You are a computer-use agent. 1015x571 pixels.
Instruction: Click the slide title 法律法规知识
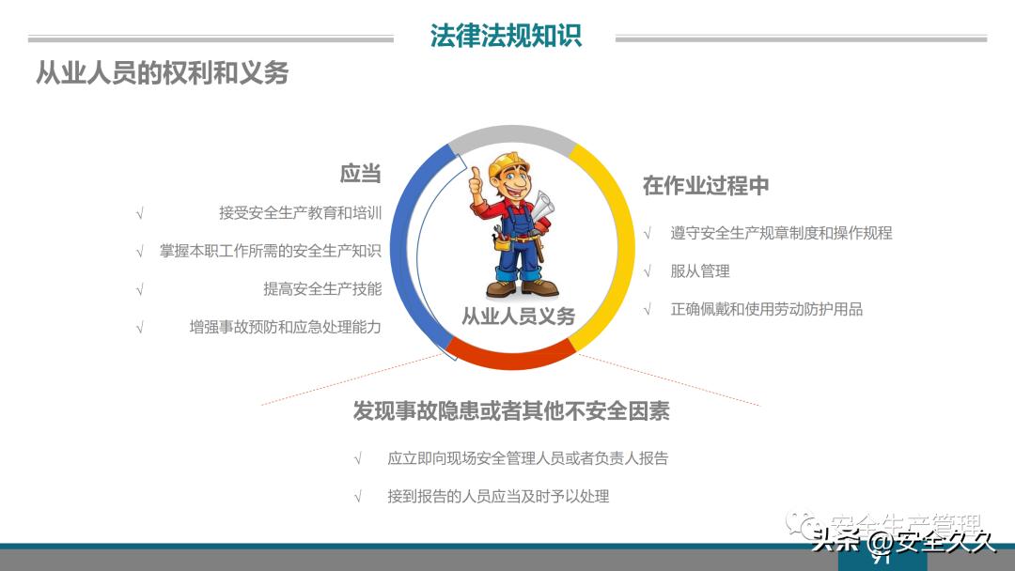(x=506, y=36)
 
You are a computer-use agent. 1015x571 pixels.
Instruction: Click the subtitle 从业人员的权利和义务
(x=162, y=73)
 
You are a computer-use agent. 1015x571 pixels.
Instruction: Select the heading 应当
(x=360, y=174)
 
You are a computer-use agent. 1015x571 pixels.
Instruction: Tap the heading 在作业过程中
(x=706, y=186)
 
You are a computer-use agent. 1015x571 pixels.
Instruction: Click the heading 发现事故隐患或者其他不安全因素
(x=511, y=411)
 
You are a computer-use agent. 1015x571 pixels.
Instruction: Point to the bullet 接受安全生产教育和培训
(x=300, y=213)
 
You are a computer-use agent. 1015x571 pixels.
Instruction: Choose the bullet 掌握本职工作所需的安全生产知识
(x=271, y=251)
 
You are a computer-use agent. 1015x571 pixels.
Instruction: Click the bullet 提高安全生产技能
(x=322, y=289)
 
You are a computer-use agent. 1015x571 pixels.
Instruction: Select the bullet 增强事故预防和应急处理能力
(x=285, y=328)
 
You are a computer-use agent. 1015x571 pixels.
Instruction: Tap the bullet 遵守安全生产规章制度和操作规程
(x=781, y=233)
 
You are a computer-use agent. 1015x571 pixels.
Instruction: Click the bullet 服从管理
(x=700, y=271)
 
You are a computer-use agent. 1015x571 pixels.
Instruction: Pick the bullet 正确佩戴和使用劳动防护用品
(x=766, y=309)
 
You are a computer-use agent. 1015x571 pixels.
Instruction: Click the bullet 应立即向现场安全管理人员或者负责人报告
(x=527, y=458)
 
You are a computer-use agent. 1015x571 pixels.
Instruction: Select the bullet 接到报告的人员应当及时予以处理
(x=498, y=496)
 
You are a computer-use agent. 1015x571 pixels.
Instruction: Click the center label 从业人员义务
(x=518, y=316)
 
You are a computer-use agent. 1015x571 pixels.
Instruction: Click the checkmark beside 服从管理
(x=648, y=271)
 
